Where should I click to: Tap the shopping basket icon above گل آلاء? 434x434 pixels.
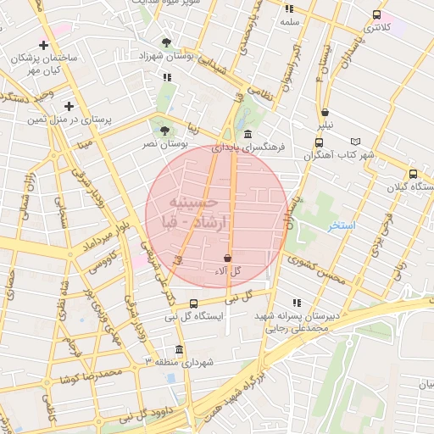pyautogui.click(x=227, y=258)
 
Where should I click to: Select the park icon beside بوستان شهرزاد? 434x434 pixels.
pyautogui.click(x=166, y=42)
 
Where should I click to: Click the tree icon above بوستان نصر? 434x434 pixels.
pyautogui.click(x=164, y=131)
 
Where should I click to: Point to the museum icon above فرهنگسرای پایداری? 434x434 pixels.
pyautogui.click(x=247, y=135)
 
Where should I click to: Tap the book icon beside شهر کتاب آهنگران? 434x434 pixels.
pyautogui.click(x=355, y=142)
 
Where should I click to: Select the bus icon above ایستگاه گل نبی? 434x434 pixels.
pyautogui.click(x=194, y=303)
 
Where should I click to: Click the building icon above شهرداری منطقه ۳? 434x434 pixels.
pyautogui.click(x=178, y=350)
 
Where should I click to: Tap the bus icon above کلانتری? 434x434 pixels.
pyautogui.click(x=376, y=14)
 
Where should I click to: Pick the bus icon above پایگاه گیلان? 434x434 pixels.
pyautogui.click(x=413, y=172)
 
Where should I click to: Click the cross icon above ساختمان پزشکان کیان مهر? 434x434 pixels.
pyautogui.click(x=43, y=45)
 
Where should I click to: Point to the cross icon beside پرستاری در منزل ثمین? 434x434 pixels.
pyautogui.click(x=69, y=107)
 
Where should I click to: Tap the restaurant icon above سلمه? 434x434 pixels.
pyautogui.click(x=290, y=8)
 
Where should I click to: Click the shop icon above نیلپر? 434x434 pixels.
pyautogui.click(x=325, y=112)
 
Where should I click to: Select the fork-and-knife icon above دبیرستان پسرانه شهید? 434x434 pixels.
pyautogui.click(x=296, y=303)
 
